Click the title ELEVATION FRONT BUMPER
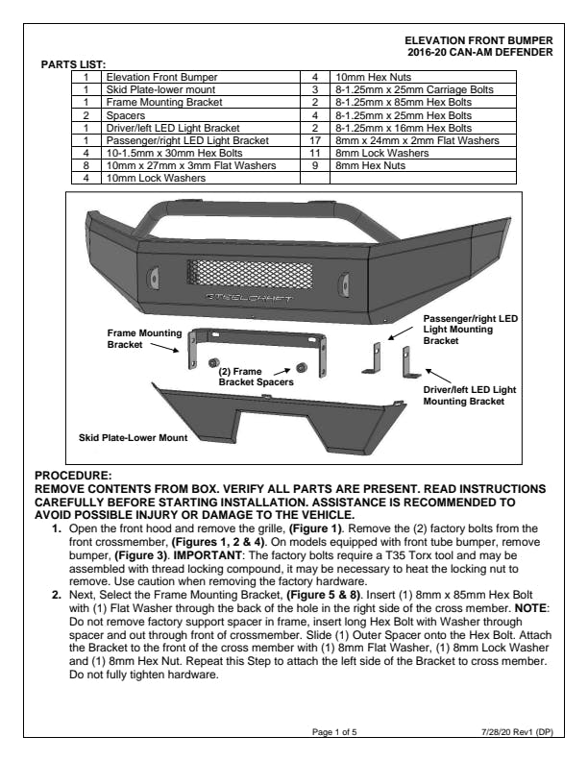click(x=480, y=39)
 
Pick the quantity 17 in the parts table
click(x=314, y=139)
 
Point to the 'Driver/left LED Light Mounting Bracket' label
click(x=470, y=395)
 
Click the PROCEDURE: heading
click(x=73, y=475)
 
